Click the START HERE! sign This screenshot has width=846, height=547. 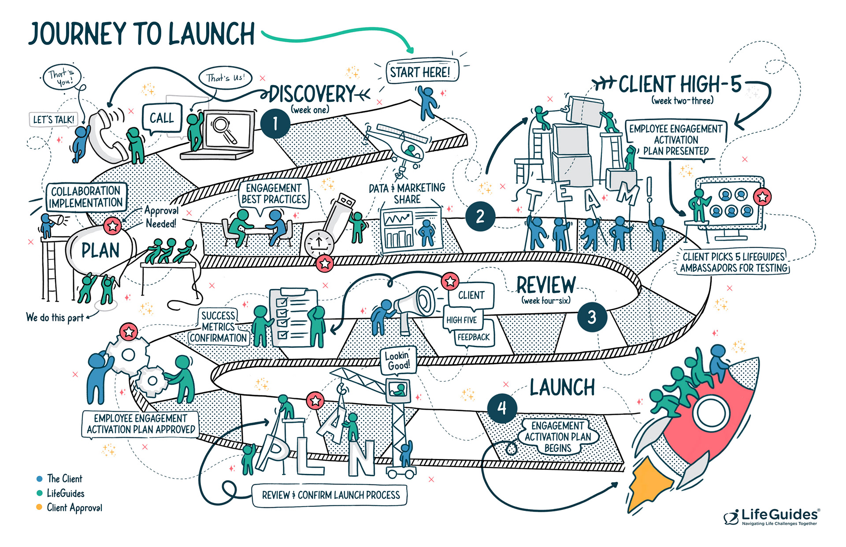click(x=421, y=72)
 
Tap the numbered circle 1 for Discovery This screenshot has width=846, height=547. click(x=275, y=124)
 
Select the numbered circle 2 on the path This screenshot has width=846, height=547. click(x=480, y=216)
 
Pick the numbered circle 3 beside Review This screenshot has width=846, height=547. click(x=592, y=317)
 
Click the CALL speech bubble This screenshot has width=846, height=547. click(x=162, y=118)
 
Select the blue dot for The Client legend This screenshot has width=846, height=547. click(x=39, y=479)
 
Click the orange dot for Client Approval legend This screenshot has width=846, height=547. click(x=39, y=507)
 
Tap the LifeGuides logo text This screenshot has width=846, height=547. click(x=779, y=514)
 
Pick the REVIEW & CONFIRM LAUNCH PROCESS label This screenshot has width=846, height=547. click(x=330, y=495)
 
